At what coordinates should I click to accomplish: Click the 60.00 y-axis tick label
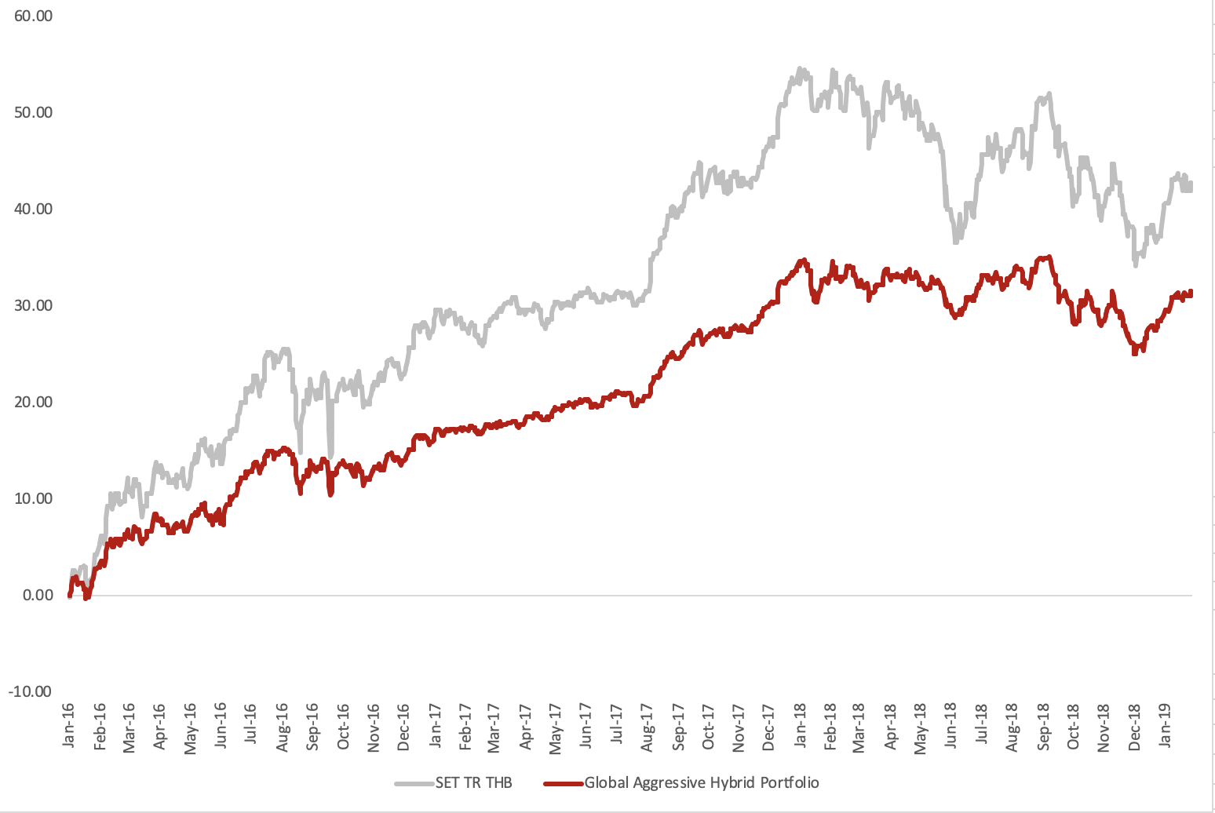point(33,16)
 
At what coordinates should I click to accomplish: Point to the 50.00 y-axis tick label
point(33,112)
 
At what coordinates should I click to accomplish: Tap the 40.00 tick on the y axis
point(33,209)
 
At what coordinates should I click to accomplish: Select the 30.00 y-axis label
point(33,305)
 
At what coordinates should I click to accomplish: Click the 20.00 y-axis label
point(33,402)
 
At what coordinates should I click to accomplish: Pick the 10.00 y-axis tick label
point(33,498)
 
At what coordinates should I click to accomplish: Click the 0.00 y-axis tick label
point(38,595)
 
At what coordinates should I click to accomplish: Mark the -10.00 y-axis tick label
point(30,691)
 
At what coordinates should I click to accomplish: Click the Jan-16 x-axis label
point(68,725)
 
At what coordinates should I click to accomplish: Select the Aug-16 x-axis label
point(282,727)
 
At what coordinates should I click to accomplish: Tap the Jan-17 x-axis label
point(434,725)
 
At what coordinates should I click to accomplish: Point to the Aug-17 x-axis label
point(648,727)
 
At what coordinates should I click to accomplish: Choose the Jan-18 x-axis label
point(800,725)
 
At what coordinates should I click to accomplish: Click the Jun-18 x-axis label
point(952,725)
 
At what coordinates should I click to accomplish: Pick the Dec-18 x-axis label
point(1135,727)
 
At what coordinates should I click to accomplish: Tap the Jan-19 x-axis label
point(1166,725)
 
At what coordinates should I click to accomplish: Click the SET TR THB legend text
point(473,782)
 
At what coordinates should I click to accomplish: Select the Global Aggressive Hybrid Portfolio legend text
point(702,782)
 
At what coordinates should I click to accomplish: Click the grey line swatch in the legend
point(414,783)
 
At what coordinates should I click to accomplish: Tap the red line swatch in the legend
point(563,783)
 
